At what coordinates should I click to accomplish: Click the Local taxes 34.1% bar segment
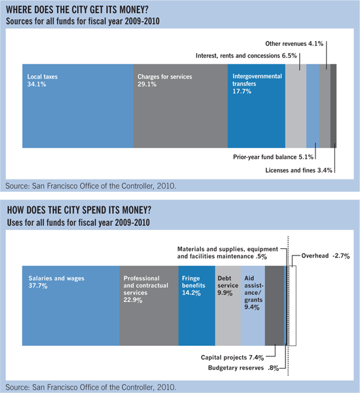click(78, 105)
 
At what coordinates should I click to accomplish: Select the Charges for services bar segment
click(181, 105)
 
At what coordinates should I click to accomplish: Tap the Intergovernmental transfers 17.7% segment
click(257, 105)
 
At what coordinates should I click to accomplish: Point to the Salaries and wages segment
click(71, 305)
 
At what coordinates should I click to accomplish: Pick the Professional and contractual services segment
click(149, 305)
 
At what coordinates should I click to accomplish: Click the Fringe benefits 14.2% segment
click(196, 305)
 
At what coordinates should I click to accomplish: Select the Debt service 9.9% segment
click(228, 305)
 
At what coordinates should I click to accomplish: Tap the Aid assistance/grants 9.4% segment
click(253, 305)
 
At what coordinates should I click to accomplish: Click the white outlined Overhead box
click(293, 305)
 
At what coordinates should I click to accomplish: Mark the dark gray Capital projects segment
click(274, 305)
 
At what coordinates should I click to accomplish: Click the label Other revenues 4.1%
click(294, 44)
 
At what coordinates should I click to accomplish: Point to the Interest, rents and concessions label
click(246, 56)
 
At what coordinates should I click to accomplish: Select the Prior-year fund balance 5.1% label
click(273, 157)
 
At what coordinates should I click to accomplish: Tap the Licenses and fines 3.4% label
click(298, 170)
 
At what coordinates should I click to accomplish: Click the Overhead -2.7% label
click(325, 255)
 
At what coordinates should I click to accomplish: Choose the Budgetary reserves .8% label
click(243, 367)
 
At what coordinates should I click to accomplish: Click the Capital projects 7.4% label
click(232, 358)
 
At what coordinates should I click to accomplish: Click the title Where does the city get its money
click(77, 10)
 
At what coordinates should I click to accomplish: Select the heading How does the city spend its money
click(79, 210)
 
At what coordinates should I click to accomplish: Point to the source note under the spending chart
click(91, 387)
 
